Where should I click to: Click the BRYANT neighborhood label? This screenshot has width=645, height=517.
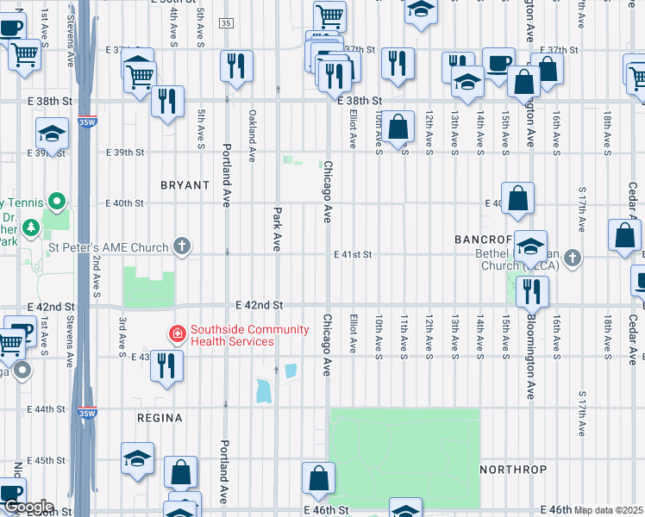(x=185, y=185)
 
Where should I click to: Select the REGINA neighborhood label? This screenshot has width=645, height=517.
(x=160, y=418)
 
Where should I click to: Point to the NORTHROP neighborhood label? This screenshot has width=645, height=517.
(x=513, y=470)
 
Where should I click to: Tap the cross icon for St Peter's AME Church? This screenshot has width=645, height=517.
(x=181, y=248)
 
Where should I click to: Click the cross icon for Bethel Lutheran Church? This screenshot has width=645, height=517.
(x=572, y=257)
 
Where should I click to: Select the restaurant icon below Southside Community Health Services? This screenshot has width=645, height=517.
(x=166, y=365)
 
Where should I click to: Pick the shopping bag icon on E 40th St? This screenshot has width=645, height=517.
(x=517, y=198)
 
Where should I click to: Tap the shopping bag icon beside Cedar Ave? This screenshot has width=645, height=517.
(x=623, y=235)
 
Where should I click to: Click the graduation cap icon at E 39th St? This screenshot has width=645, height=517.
(x=52, y=134)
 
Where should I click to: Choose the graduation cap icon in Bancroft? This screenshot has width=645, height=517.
(x=531, y=246)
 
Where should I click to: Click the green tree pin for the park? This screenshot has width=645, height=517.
(x=32, y=228)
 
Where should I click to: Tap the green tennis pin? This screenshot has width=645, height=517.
(x=58, y=202)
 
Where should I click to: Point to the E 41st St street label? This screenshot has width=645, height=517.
(x=354, y=255)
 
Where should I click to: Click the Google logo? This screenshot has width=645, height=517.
(x=28, y=507)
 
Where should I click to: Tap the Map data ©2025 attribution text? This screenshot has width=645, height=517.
(x=609, y=510)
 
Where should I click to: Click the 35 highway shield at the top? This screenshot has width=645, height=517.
(x=226, y=22)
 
